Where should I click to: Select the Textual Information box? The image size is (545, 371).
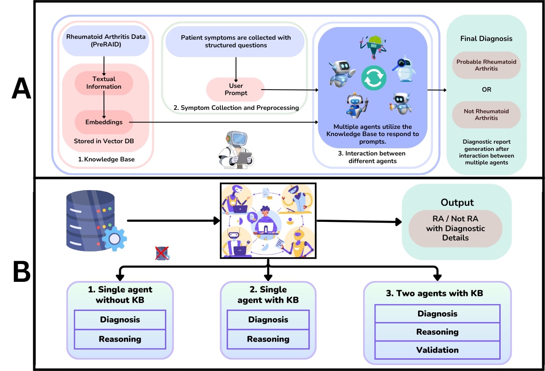(104, 83)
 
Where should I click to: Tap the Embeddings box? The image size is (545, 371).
(104, 122)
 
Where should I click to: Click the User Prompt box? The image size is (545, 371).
(236, 90)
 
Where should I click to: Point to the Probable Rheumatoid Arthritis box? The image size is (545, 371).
(486, 65)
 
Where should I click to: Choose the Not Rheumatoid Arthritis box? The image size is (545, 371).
(486, 115)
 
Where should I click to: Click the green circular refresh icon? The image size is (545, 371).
(374, 78)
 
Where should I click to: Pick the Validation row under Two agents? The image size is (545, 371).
(437, 350)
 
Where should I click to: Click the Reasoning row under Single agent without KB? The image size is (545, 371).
(120, 339)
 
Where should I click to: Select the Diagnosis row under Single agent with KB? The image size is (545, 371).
(268, 319)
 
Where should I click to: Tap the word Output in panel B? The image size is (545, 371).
(457, 202)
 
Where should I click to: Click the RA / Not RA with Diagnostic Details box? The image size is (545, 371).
(455, 228)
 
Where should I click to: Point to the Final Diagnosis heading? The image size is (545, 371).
(486, 38)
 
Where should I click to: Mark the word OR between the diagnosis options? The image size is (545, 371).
(486, 90)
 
